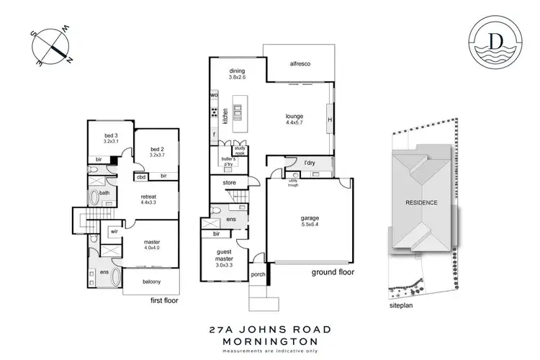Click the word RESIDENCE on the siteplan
pos(420,202)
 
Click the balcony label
pos(151,281)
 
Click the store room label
pos(230,184)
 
